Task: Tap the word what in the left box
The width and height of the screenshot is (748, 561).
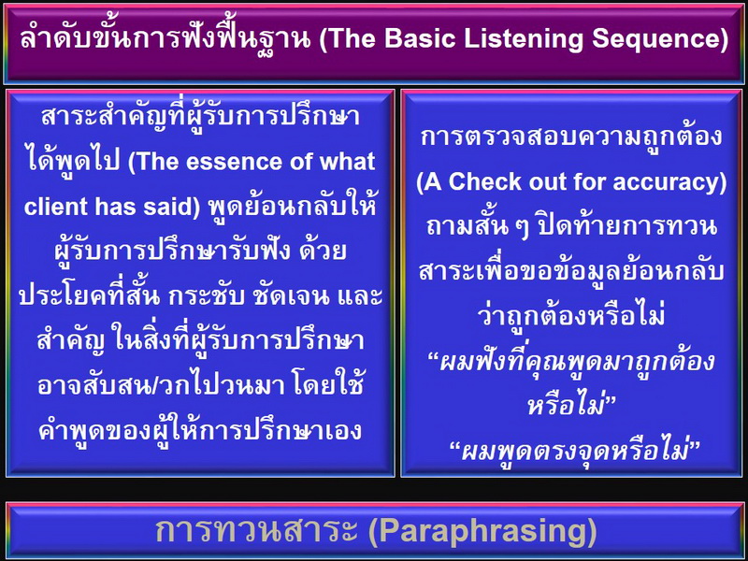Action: tap(347, 162)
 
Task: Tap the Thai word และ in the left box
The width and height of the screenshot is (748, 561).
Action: tap(360, 296)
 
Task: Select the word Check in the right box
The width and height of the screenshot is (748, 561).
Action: tap(484, 181)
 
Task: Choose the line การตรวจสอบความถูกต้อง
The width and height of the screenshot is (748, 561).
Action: tap(571, 136)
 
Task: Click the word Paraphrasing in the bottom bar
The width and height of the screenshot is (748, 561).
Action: tap(482, 532)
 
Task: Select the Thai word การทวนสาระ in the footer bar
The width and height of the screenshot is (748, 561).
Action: tap(256, 531)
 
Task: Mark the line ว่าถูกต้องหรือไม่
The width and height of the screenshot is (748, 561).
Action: tap(571, 315)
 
